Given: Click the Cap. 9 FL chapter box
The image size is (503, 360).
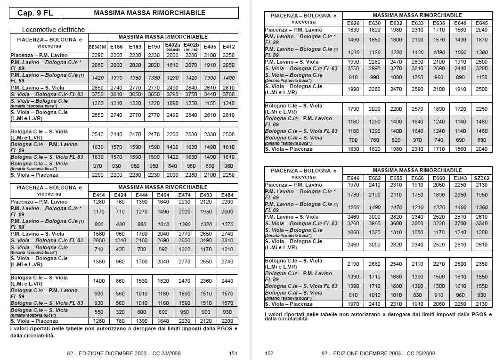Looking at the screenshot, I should pyautogui.click(x=35, y=13).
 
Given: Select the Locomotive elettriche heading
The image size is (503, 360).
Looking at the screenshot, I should pyautogui.click(x=53, y=30).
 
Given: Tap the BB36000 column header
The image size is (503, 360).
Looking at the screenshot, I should pyautogui.click(x=97, y=47).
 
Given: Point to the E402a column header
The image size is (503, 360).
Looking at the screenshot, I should pyautogui.click(x=172, y=46).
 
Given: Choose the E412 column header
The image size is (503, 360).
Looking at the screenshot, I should pyautogui.click(x=229, y=47).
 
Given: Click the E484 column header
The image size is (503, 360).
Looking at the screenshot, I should pyautogui.click(x=227, y=195).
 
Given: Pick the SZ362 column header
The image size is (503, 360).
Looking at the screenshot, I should pyautogui.click(x=482, y=178).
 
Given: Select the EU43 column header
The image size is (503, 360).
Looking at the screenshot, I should pyautogui.click(x=461, y=178).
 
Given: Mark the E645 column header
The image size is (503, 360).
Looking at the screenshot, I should pyautogui.click(x=482, y=23).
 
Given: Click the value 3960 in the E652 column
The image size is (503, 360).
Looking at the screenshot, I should pyautogui.click(x=374, y=223).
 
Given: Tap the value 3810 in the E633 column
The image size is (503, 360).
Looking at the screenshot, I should pyautogui.click(x=417, y=68).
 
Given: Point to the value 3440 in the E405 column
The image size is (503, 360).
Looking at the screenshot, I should pyautogui.click(x=210, y=94).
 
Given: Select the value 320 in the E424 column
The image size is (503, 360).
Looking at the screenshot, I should pyautogui.click(x=120, y=312).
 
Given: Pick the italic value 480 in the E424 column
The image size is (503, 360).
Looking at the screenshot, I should pyautogui.click(x=120, y=225).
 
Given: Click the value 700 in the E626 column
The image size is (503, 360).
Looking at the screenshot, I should pyautogui.click(x=353, y=140).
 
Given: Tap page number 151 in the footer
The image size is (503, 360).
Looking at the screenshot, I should pyautogui.click(x=233, y=353).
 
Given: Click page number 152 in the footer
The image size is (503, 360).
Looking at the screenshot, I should pyautogui.click(x=269, y=353).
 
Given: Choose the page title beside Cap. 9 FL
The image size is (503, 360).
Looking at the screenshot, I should pyautogui.click(x=150, y=13).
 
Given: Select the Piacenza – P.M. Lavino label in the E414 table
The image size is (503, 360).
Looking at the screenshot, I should pyautogui.click(x=39, y=202).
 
